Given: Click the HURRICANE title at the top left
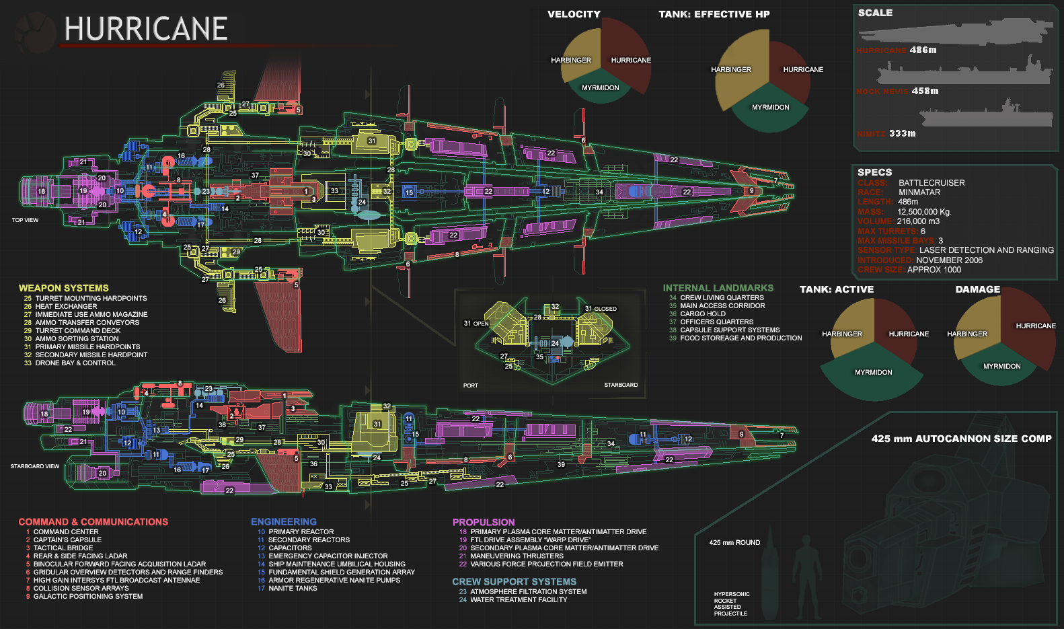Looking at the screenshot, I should [x=145, y=29].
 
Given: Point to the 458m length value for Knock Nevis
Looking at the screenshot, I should [x=925, y=91].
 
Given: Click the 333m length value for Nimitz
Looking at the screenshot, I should [x=902, y=133].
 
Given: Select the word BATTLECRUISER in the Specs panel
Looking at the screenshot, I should [x=932, y=183].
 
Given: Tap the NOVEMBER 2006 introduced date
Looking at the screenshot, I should [x=949, y=260].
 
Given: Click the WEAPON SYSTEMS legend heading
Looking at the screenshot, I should [x=63, y=288].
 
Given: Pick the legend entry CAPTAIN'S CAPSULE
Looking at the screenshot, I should [x=67, y=540].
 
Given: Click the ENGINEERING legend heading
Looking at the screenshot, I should [x=283, y=522].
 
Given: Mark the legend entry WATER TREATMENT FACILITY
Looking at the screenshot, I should [x=519, y=600].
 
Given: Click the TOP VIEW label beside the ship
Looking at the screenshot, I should [x=25, y=220].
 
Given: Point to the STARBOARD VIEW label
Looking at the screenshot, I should [x=34, y=466].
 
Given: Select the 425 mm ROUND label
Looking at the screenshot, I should [x=734, y=543].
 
